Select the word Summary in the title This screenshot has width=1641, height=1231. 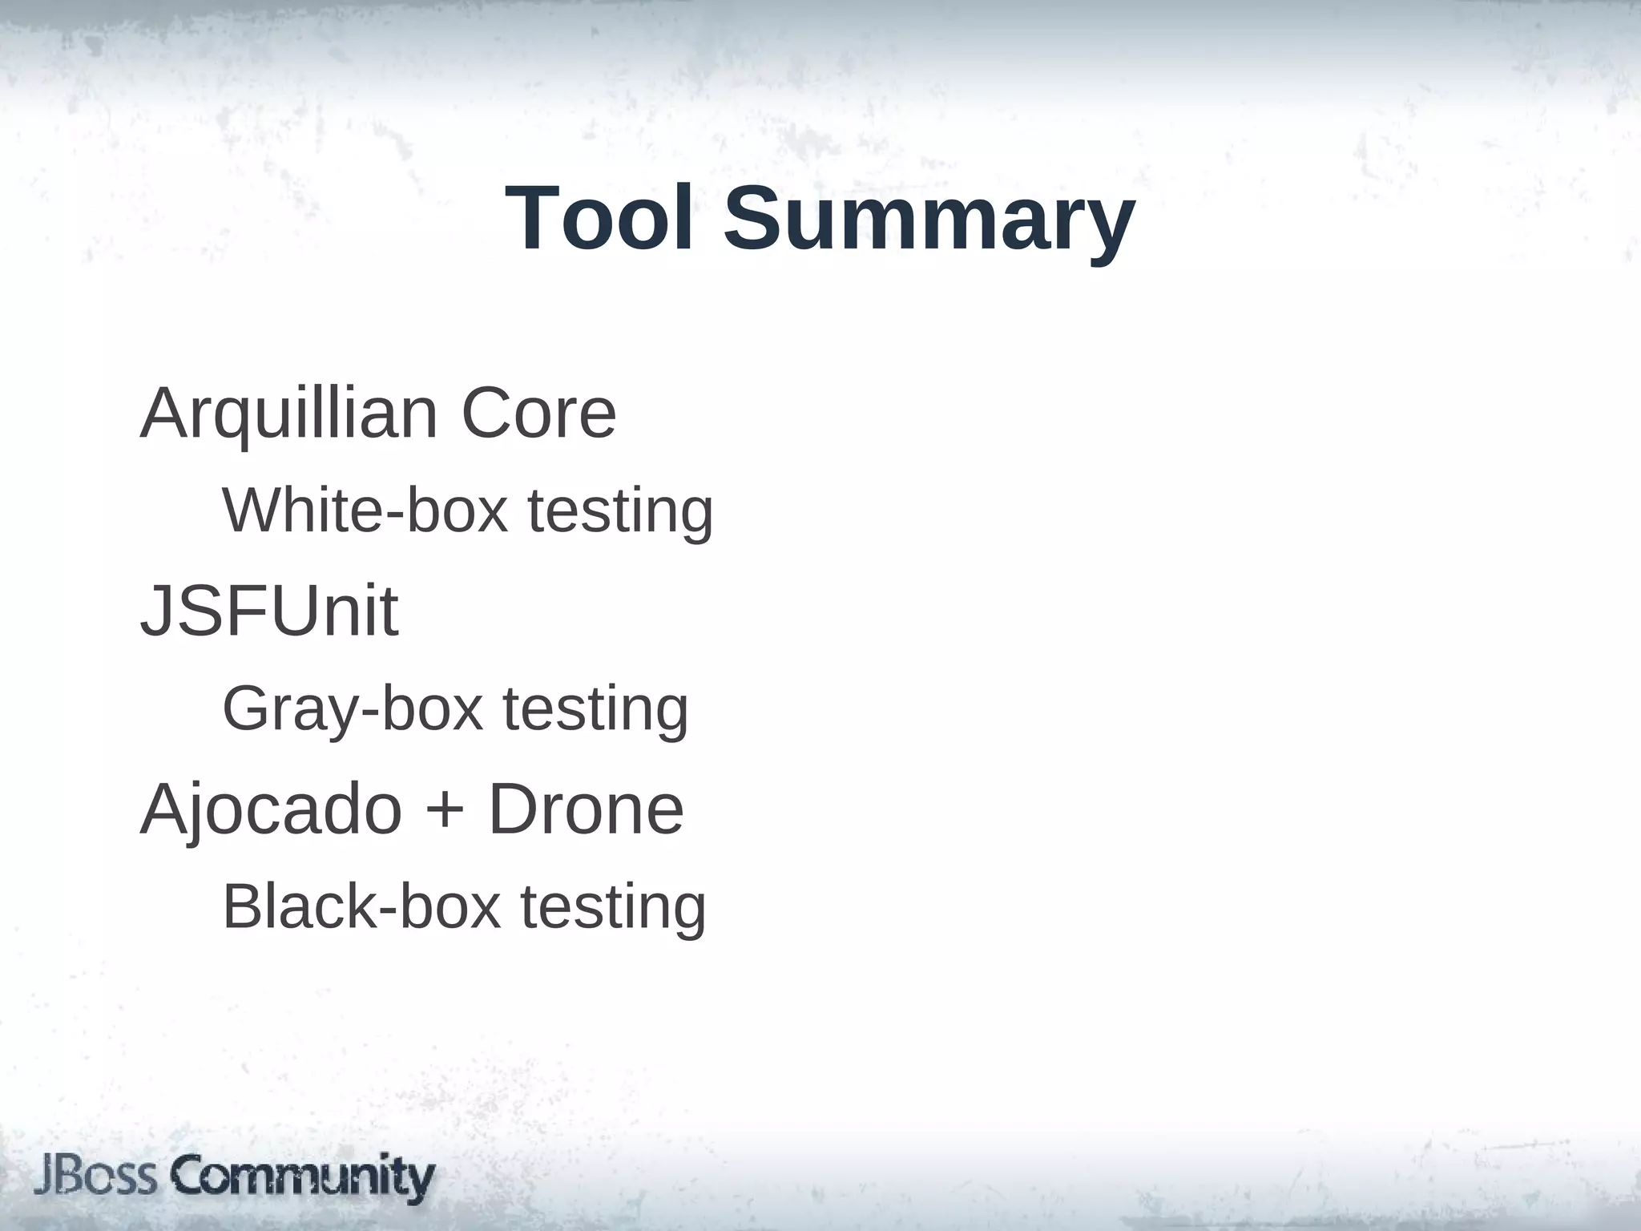click(x=929, y=220)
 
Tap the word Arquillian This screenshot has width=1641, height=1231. click(x=289, y=415)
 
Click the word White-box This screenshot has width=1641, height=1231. click(x=365, y=511)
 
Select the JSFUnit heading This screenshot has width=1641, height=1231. click(x=269, y=611)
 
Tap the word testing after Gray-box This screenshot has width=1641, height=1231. click(x=595, y=711)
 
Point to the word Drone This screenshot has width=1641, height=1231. click(x=586, y=809)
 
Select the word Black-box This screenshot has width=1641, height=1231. click(x=361, y=907)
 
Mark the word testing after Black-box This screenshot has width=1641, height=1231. click(x=613, y=909)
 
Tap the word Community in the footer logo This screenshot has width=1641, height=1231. click(x=303, y=1178)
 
